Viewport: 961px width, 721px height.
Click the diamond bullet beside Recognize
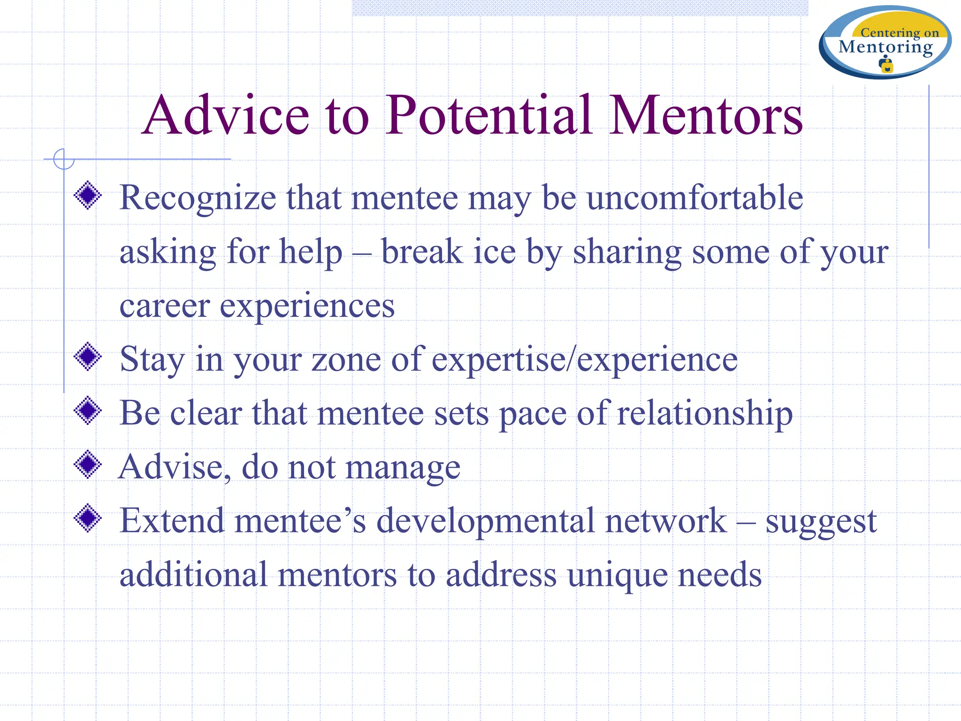tap(88, 195)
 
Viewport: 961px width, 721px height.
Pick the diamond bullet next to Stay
tap(88, 357)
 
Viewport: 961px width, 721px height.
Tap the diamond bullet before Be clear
tap(88, 411)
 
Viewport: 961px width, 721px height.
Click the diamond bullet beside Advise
tap(88, 465)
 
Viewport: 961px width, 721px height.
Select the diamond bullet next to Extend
tap(88, 518)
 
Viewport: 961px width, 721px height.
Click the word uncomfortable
tap(695, 198)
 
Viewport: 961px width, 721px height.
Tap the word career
tap(164, 306)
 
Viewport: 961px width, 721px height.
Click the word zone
tap(346, 360)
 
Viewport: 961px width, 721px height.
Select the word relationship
tap(705, 414)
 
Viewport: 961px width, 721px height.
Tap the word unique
tap(617, 575)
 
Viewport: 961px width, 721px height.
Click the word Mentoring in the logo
tap(885, 47)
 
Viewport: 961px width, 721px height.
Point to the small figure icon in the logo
tap(886, 64)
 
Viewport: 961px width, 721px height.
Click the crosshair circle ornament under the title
tap(64, 159)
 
